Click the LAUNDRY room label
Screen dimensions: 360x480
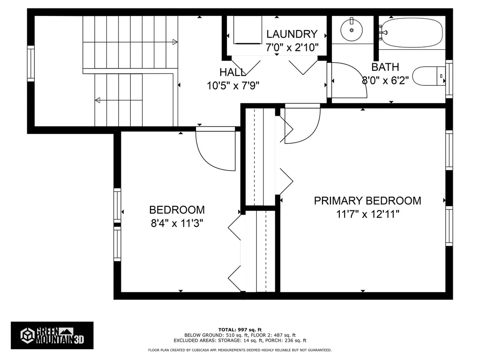pyautogui.click(x=292, y=34)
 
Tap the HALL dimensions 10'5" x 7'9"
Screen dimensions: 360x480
pyautogui.click(x=233, y=85)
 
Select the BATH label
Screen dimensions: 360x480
pyautogui.click(x=385, y=67)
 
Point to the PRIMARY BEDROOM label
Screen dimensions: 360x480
pyautogui.click(x=367, y=201)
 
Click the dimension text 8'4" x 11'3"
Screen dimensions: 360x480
pyautogui.click(x=177, y=223)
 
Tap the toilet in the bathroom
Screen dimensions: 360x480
pyautogui.click(x=427, y=76)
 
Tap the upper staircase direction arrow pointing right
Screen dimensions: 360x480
pyautogui.click(x=175, y=42)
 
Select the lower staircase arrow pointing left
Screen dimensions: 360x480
pyautogui.click(x=97, y=100)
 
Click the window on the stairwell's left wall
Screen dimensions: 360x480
pyautogui.click(x=31, y=63)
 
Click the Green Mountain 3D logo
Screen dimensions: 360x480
pyautogui.click(x=52, y=335)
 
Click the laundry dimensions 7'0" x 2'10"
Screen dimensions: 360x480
pyautogui.click(x=292, y=47)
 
